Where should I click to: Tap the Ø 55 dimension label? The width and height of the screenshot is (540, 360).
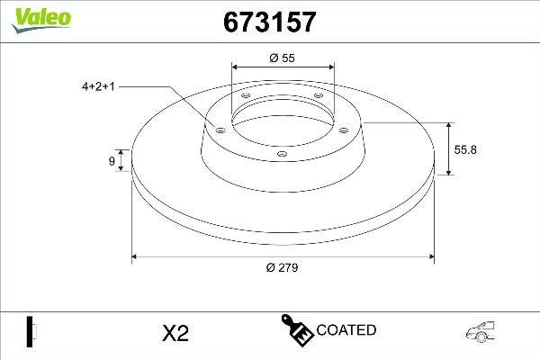tap(282, 58)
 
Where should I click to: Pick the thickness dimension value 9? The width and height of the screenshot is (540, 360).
tap(112, 162)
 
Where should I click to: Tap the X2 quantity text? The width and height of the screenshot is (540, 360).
tap(175, 334)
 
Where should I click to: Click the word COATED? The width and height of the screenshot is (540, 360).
tap(346, 330)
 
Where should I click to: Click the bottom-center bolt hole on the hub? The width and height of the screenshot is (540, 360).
tap(282, 153)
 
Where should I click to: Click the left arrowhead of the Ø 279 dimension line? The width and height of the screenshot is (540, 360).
tap(136, 257)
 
